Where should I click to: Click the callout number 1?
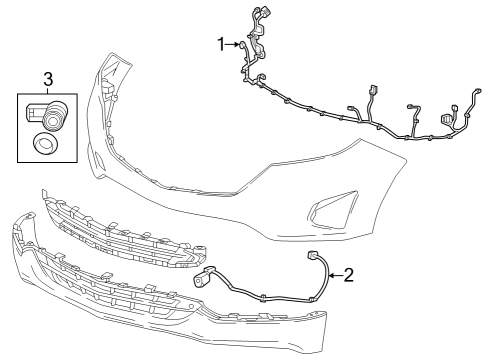point(222,43)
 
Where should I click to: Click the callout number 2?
point(348,273)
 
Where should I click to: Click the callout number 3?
point(47,77)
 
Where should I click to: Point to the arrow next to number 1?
point(236,43)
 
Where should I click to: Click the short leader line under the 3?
point(47,90)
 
